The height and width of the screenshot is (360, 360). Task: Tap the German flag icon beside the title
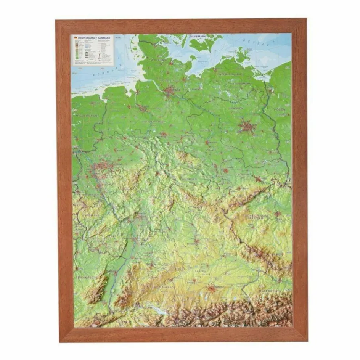[76, 38]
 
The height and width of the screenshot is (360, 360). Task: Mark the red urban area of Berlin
[247, 126]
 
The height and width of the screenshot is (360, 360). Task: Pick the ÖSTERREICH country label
[270, 291]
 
